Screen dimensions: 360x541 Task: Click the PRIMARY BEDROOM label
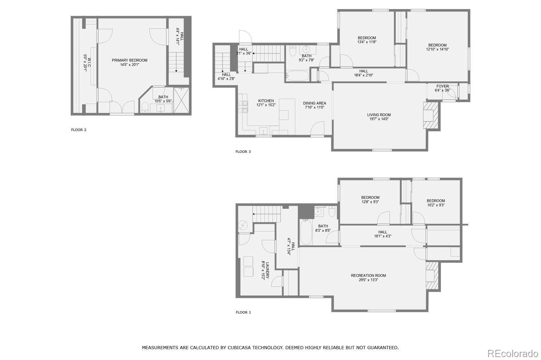129,60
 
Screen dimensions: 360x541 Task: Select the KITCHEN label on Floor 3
266,101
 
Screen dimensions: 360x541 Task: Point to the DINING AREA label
314,103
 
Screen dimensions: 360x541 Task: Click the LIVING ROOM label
379,115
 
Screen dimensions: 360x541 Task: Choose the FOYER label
443,86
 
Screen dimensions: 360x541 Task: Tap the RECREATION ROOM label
368,276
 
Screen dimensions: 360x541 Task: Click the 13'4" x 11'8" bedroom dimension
367,42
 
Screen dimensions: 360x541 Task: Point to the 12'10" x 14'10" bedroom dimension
437,49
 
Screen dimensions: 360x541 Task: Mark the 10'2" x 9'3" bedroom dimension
436,205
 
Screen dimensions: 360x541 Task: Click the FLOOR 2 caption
79,130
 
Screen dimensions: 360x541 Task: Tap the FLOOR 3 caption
243,152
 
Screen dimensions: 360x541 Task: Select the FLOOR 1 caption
243,312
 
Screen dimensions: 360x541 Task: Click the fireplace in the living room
431,115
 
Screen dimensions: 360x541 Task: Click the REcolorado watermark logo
513,354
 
